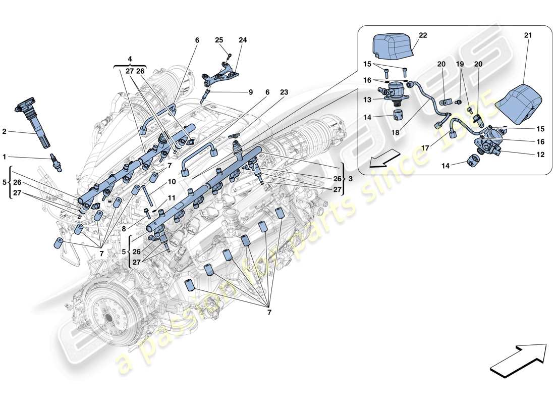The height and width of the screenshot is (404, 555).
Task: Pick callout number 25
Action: [218, 39]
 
